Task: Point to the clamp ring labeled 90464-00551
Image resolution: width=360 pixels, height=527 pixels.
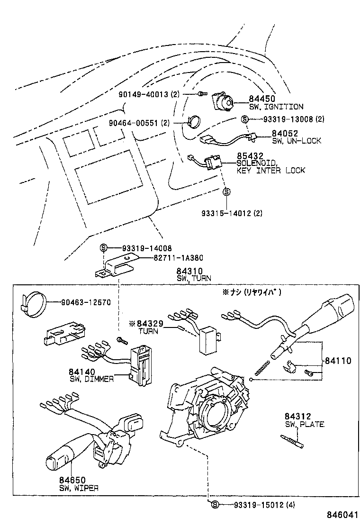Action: pos(193,122)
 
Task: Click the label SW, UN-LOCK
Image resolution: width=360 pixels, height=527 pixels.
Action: pos(296,141)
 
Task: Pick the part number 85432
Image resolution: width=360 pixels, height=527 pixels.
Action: pos(248,156)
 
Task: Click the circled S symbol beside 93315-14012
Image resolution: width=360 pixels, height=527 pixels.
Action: pos(226,191)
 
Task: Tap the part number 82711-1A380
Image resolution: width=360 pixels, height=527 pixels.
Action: pos(178,258)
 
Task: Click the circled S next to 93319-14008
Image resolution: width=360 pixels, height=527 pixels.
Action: pos(104,248)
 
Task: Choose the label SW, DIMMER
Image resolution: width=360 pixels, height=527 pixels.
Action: pos(90,379)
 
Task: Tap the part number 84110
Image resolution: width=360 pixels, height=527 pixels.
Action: pos(338,361)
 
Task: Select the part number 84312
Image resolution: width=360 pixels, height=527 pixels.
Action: pos(297,417)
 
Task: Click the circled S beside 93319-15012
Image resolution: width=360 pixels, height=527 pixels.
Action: pos(215,505)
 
